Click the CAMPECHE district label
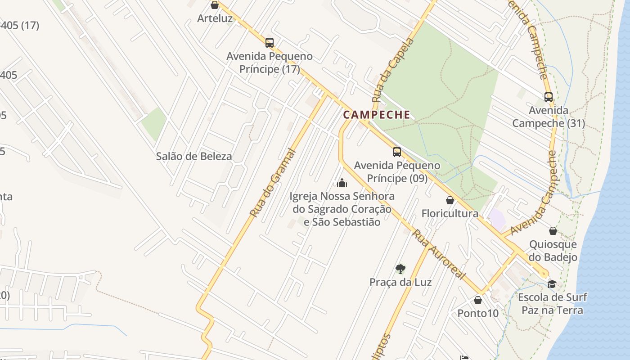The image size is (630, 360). point(377,115)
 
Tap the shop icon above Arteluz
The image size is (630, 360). point(215,5)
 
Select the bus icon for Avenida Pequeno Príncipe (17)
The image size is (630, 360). point(270,43)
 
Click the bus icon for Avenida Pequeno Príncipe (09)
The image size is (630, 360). point(396,152)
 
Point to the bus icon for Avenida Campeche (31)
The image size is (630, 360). point(548,97)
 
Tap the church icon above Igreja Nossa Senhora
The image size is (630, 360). point(342,183)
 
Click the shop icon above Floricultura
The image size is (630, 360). point(450,200)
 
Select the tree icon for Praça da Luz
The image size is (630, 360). point(400,269)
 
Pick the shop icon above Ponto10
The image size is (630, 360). point(478,300)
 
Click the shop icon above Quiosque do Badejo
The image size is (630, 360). point(553,231)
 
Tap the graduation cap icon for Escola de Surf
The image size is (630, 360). point(552,284)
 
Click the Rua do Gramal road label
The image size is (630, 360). point(273,183)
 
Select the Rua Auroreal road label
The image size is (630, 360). point(439,254)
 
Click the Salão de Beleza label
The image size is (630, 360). point(194,157)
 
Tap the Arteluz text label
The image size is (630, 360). point(215,18)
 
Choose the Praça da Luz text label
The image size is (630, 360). point(400,282)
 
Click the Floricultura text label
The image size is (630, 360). point(450,213)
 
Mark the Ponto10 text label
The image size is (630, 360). point(478,313)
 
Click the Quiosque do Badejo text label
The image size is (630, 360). point(553,251)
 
